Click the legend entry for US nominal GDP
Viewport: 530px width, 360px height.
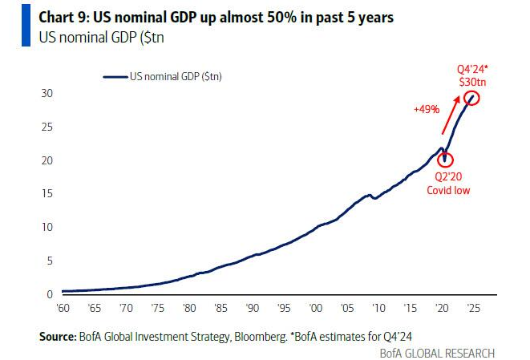tap(164, 76)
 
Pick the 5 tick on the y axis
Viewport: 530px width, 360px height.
tap(49, 261)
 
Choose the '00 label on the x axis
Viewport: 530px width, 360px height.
tap(315, 308)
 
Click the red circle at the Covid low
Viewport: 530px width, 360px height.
tap(445, 160)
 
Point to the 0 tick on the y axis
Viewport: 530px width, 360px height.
tap(49, 294)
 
